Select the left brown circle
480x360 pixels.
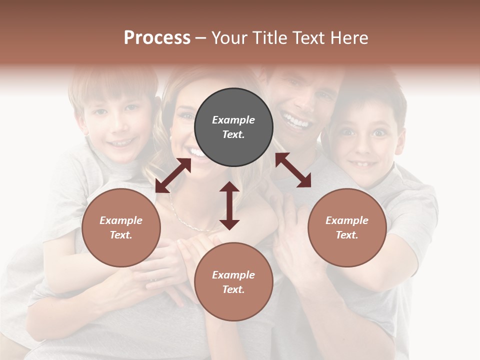point(121,227)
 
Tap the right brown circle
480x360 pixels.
point(347,227)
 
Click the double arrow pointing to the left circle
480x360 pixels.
point(173,175)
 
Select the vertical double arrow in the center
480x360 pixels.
point(229,205)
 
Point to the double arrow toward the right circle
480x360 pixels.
point(293,170)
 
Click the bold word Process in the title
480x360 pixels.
point(157,38)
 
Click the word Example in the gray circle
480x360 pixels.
point(233,120)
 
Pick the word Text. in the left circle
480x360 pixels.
point(121,235)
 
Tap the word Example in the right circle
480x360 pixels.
point(347,220)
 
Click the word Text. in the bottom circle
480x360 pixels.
point(233,289)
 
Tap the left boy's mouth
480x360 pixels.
point(120,143)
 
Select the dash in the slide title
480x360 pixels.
point(200,38)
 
